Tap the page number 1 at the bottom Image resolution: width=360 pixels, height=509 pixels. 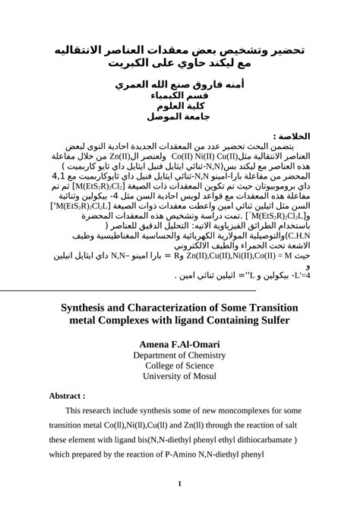pos(180,484)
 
